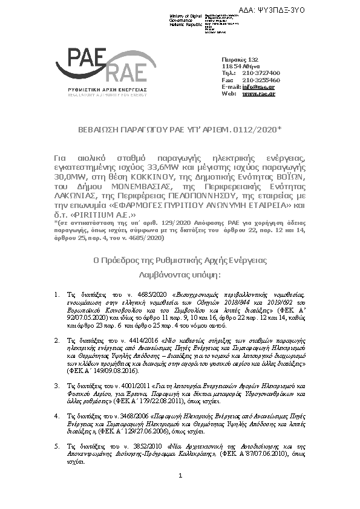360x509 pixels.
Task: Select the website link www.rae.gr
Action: [258, 94]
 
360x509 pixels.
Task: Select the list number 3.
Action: [56, 368]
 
